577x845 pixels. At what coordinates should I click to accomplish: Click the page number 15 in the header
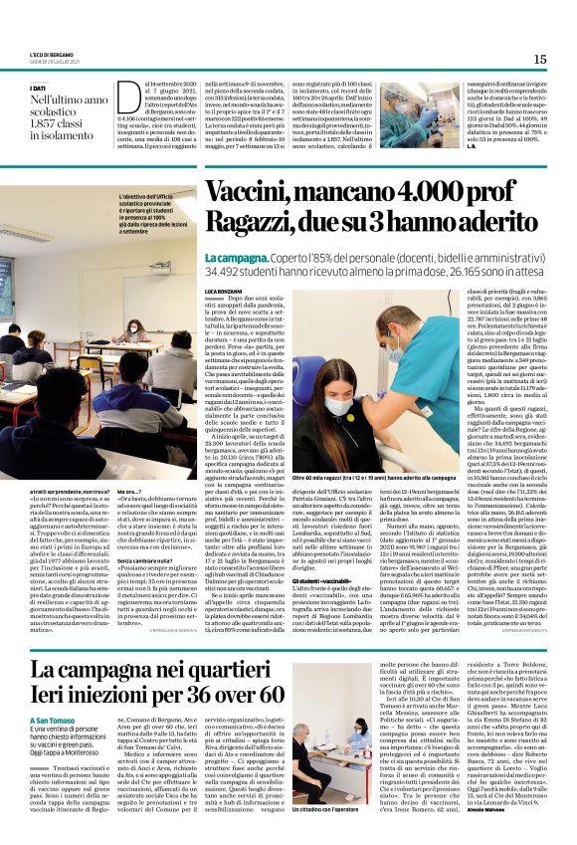click(x=540, y=60)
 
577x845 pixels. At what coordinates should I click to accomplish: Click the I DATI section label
click(x=44, y=89)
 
